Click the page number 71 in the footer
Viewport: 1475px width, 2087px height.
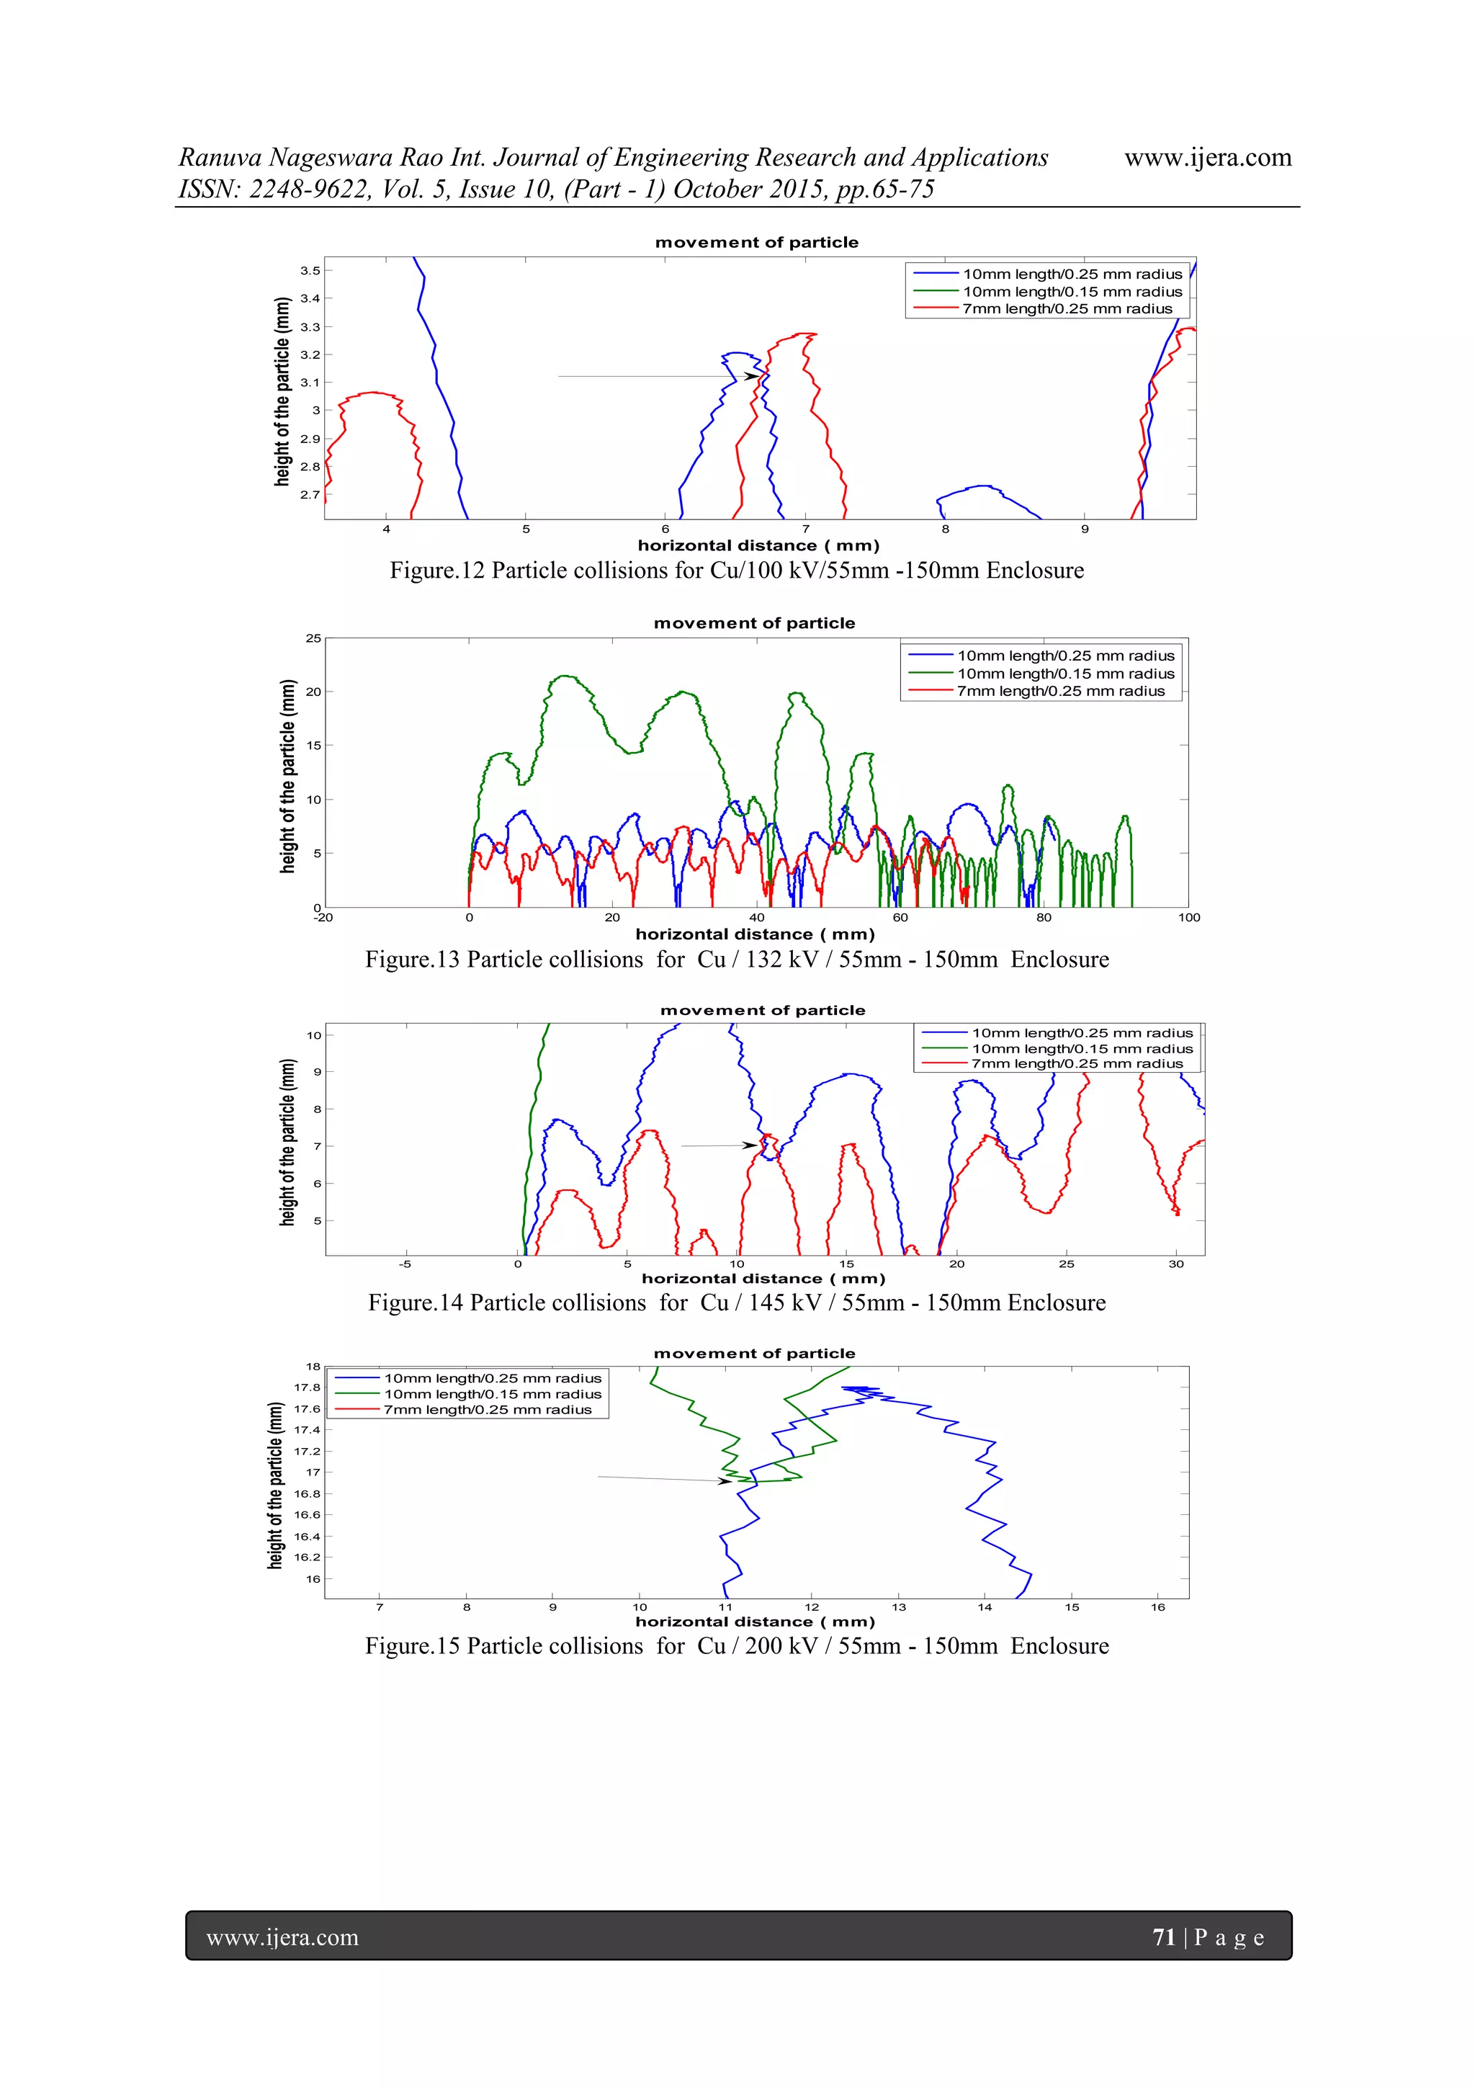tap(1163, 1937)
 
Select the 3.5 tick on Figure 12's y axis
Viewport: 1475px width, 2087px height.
tap(310, 270)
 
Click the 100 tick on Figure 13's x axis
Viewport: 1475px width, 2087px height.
tap(1189, 917)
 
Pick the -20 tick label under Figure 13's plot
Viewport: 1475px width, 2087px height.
tap(323, 917)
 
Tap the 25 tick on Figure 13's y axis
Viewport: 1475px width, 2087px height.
tap(313, 638)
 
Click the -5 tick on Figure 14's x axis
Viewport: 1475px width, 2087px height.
tap(405, 1264)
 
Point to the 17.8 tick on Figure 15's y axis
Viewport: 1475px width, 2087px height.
tap(308, 1387)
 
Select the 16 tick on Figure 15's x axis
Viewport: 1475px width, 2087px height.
tap(1158, 1607)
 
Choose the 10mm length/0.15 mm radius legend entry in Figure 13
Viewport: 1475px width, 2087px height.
tap(1064, 674)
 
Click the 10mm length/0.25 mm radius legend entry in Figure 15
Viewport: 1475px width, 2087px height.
tap(492, 1378)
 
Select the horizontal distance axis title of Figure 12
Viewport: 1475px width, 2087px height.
tap(758, 545)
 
